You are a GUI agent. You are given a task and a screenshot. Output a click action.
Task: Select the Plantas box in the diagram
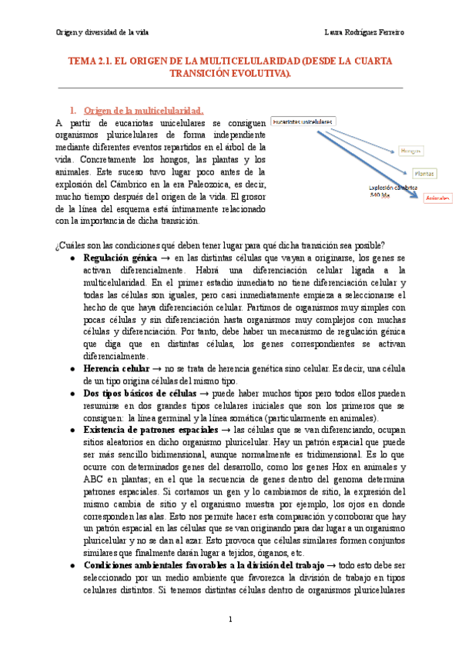point(422,174)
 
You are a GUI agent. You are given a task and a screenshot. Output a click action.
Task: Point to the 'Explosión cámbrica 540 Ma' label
point(393,191)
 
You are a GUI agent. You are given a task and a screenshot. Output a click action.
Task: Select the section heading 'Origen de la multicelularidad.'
point(143,110)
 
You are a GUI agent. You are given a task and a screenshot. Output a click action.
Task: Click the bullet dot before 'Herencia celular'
point(72,369)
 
